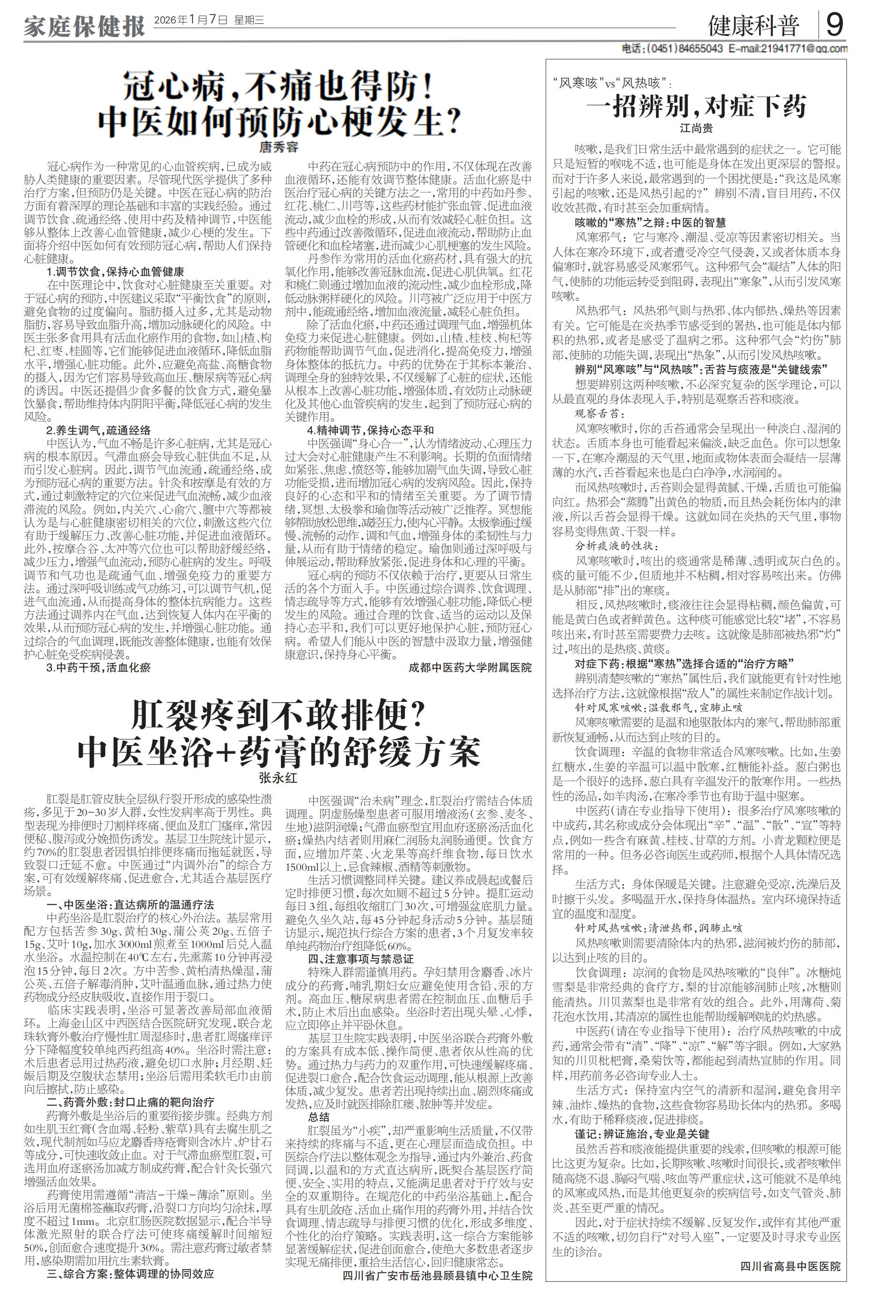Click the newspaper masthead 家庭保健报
[x=84, y=25]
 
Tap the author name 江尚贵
[x=697, y=128]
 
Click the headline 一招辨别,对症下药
[x=697, y=106]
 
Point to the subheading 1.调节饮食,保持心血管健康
[x=115, y=272]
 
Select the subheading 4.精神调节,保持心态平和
[x=371, y=430]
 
